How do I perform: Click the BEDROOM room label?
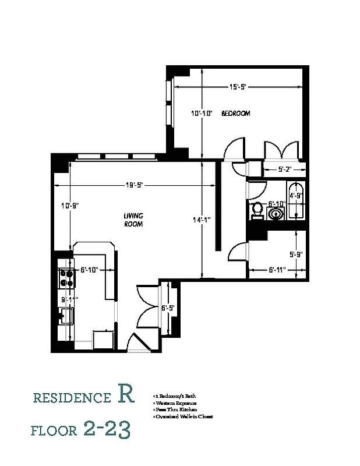(x=236, y=114)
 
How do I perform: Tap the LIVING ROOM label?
(x=133, y=220)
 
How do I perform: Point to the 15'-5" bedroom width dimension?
(x=238, y=87)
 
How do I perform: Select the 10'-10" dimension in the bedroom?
(x=202, y=114)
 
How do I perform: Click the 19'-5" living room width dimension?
(x=134, y=185)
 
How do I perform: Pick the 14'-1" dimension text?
(x=202, y=220)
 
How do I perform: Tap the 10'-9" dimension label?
(x=69, y=205)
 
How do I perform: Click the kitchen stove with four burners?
(x=65, y=278)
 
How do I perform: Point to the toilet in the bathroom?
(x=256, y=210)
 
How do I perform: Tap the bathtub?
(x=296, y=202)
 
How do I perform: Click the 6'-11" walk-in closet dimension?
(x=277, y=270)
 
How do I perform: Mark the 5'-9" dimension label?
(x=296, y=254)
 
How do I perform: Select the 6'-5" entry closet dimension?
(x=168, y=308)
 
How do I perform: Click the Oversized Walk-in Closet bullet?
(x=183, y=416)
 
